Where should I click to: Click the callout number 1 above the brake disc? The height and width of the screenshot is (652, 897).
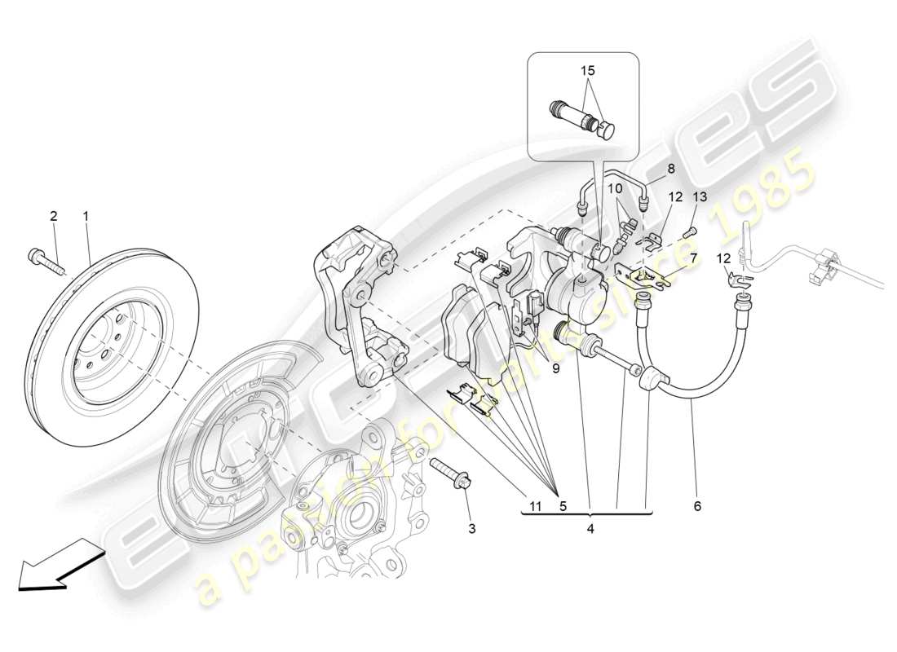[x=86, y=216]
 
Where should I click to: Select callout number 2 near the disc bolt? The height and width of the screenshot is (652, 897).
[x=54, y=216]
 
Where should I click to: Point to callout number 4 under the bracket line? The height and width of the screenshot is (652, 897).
[x=590, y=529]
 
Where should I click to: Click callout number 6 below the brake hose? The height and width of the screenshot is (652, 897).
[x=697, y=506]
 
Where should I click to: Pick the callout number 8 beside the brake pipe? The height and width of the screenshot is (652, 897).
[x=671, y=170]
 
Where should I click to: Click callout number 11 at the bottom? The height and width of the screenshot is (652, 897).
[x=533, y=506]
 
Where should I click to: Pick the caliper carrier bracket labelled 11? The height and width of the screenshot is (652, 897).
[x=359, y=310]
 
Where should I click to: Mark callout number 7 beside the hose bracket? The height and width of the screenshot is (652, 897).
[x=694, y=258]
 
